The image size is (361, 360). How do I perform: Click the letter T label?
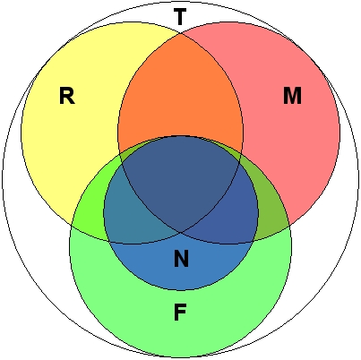(x=180, y=17)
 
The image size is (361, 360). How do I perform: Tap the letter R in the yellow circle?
(x=65, y=96)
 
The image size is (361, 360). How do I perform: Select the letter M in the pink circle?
(x=292, y=96)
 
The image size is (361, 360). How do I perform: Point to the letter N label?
(x=181, y=260)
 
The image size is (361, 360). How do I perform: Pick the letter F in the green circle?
(x=180, y=313)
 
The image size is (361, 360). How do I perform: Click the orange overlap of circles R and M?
(x=180, y=99)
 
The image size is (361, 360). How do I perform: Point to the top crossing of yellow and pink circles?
(x=181, y=34)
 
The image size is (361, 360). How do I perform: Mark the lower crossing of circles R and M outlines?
(x=181, y=231)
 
